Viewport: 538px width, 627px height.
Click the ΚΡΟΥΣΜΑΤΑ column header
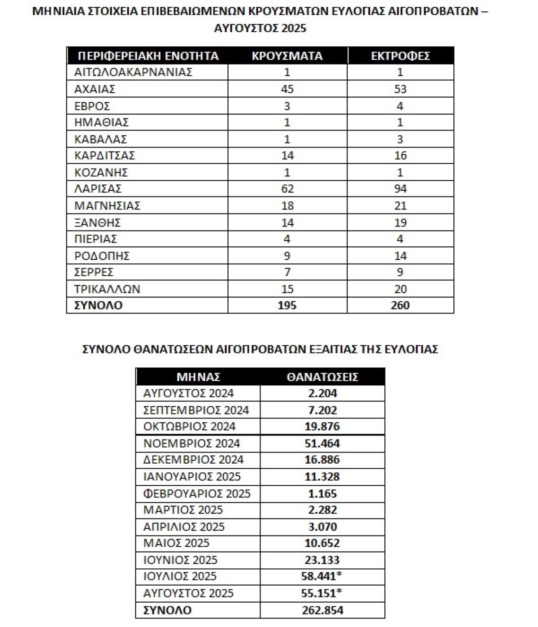pyautogui.click(x=287, y=56)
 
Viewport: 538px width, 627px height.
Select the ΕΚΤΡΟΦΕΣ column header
pyautogui.click(x=400, y=56)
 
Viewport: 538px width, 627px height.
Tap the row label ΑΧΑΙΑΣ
pyautogui.click(x=95, y=89)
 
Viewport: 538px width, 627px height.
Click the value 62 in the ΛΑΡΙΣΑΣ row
pyautogui.click(x=287, y=189)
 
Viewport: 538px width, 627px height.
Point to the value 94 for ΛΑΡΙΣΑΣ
pyautogui.click(x=400, y=189)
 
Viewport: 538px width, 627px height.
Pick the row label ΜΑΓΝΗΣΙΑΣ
pyautogui.click(x=108, y=206)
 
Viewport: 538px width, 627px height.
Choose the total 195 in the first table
pyautogui.click(x=287, y=305)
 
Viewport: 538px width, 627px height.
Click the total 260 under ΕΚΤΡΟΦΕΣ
pyautogui.click(x=400, y=305)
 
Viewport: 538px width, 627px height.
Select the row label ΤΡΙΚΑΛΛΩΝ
pyautogui.click(x=108, y=289)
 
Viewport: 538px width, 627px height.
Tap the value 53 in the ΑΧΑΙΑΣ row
pyautogui.click(x=400, y=89)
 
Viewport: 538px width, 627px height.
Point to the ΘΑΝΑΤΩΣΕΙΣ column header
pyautogui.click(x=322, y=377)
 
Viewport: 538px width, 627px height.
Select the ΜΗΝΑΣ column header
pyautogui.click(x=198, y=377)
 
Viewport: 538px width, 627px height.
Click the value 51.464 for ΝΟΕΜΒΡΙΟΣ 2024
pyautogui.click(x=322, y=444)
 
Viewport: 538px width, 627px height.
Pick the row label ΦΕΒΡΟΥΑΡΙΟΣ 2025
pyautogui.click(x=197, y=494)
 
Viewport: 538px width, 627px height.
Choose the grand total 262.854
pyautogui.click(x=322, y=610)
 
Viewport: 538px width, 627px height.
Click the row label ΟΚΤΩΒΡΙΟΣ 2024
pyautogui.click(x=189, y=427)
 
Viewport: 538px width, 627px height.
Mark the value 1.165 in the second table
pyautogui.click(x=322, y=494)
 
